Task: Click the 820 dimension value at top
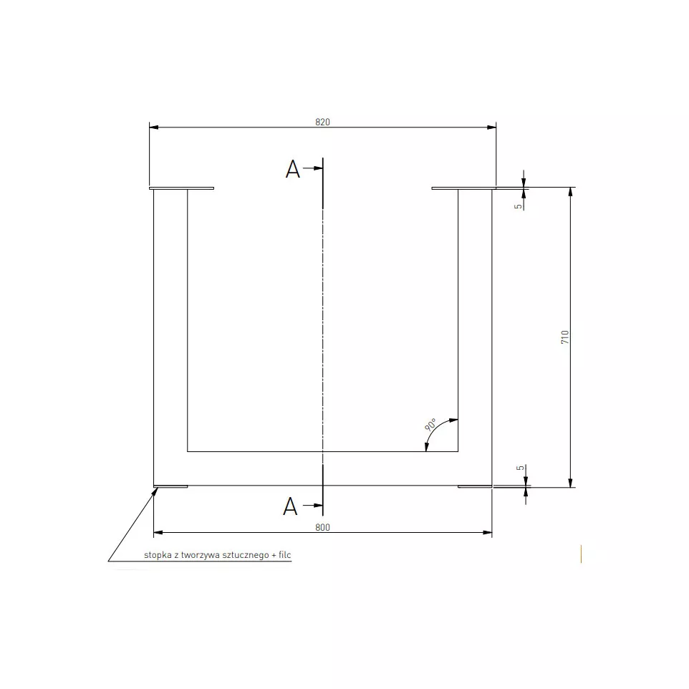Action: [322, 122]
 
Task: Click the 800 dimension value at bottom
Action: [322, 527]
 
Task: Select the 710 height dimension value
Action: [565, 337]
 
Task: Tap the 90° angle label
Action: [431, 425]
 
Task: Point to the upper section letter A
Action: [292, 170]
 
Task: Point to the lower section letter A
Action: [290, 506]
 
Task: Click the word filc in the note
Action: [285, 555]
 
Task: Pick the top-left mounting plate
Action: [182, 189]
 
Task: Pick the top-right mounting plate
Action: [463, 189]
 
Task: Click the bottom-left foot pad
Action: [171, 487]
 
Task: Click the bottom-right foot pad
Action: [475, 487]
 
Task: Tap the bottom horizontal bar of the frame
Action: [322, 468]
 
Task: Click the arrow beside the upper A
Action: [313, 170]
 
